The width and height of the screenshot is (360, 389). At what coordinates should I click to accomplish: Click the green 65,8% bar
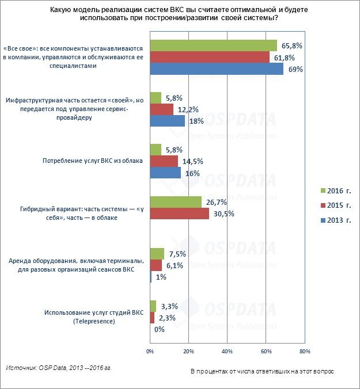coord(213,45)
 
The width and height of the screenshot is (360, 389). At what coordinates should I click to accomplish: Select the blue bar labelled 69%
coord(217,68)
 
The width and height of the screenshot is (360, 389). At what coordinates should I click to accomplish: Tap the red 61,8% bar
coord(210,57)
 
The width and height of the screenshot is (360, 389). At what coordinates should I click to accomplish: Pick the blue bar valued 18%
coord(167,121)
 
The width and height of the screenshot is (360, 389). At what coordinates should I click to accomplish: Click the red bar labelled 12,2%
coord(161,109)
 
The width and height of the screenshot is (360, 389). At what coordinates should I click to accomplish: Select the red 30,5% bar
coord(179,213)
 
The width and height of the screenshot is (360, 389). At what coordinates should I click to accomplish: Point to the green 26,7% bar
coord(176,202)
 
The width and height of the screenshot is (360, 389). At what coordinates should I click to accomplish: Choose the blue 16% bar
coord(165,173)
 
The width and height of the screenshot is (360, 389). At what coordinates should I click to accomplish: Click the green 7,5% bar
coord(157,254)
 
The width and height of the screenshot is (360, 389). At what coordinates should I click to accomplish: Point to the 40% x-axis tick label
coord(227,350)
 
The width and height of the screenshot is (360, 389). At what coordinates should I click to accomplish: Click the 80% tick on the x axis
coord(305,350)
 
